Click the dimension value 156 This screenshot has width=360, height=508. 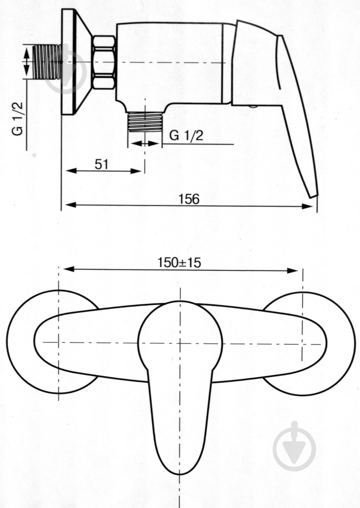click(189, 199)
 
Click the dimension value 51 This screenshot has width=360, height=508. click(102, 164)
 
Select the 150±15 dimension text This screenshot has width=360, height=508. click(179, 263)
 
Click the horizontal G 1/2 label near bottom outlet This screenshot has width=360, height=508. click(186, 136)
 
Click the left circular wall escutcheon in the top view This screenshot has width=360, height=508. click(19, 344)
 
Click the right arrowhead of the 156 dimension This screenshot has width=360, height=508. click(308, 206)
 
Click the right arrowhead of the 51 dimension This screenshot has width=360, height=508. click(136, 171)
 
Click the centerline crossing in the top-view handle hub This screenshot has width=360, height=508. click(180, 343)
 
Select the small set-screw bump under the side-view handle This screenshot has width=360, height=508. click(253, 106)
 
